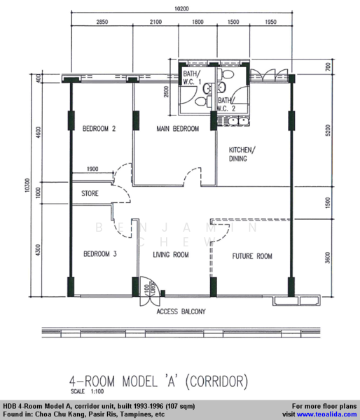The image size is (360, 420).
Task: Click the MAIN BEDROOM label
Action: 178,129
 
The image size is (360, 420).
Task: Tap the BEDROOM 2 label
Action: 99,129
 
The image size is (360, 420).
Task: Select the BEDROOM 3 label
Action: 100,253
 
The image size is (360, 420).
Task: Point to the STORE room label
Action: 90,193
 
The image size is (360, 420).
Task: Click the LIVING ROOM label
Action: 171,255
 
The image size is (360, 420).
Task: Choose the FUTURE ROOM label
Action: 252,256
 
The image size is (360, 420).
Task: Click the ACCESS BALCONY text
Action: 181,311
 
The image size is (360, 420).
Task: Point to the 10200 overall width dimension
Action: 181,8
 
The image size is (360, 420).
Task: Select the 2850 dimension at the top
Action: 102,22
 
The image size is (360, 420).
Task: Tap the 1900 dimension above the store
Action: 92,169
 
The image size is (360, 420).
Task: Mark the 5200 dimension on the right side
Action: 328,130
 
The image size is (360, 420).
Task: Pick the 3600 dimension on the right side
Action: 328,258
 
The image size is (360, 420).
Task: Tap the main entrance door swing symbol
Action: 150,291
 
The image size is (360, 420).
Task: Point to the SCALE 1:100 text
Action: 87,391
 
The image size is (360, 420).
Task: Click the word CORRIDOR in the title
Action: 217,381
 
